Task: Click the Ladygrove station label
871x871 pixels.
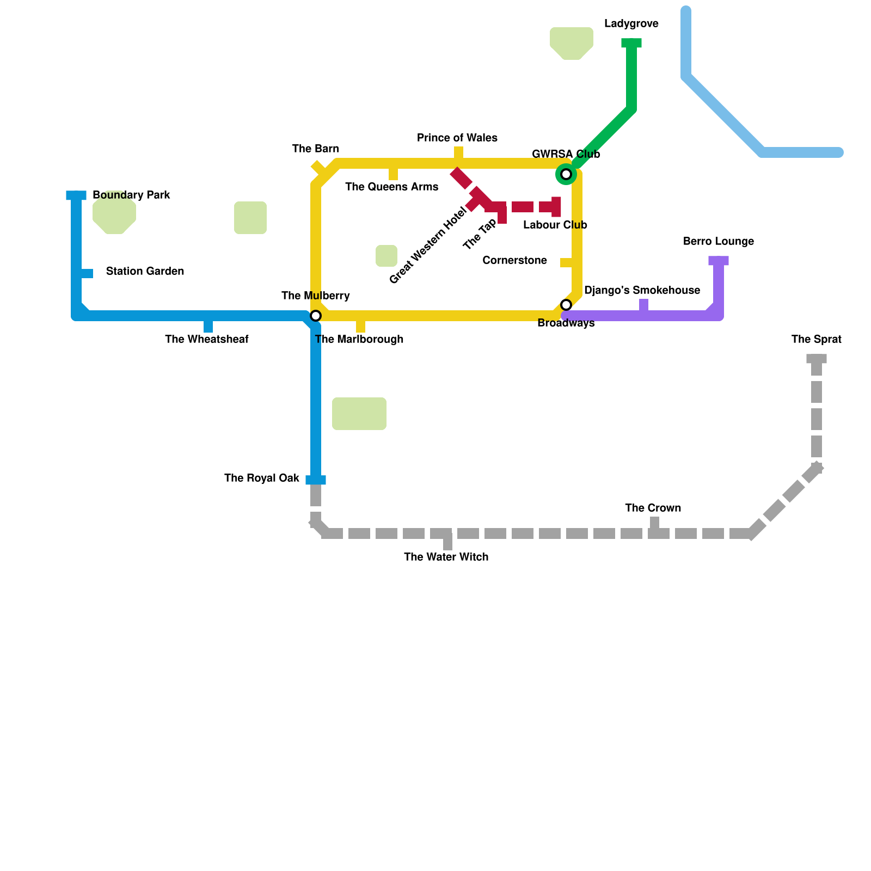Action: [x=631, y=24]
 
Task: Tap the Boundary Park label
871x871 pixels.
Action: [x=131, y=195]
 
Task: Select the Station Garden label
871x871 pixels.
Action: [x=145, y=272]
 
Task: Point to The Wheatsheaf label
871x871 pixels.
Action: [x=206, y=340]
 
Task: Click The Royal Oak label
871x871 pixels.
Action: [x=261, y=479]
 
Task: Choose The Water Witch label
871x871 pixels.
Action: [x=446, y=557]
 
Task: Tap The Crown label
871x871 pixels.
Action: [x=653, y=508]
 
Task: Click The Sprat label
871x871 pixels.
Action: [x=816, y=340]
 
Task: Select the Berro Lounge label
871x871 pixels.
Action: [x=718, y=242]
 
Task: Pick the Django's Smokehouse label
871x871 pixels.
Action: [x=642, y=291]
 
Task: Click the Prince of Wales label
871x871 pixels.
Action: [x=457, y=138]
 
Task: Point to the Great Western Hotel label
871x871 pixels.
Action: [x=428, y=246]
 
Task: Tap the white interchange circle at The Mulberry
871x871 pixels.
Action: [x=316, y=316]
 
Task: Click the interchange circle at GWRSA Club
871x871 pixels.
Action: [x=566, y=174]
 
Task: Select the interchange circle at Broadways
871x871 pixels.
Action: [x=566, y=305]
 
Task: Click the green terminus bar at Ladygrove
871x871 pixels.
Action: [x=631, y=43]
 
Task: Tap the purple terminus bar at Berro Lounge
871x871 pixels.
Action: [x=719, y=261]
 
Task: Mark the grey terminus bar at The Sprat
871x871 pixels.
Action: [x=817, y=359]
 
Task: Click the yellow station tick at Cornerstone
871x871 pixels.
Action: [x=567, y=263]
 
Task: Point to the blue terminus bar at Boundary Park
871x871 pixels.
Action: [x=76, y=195]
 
